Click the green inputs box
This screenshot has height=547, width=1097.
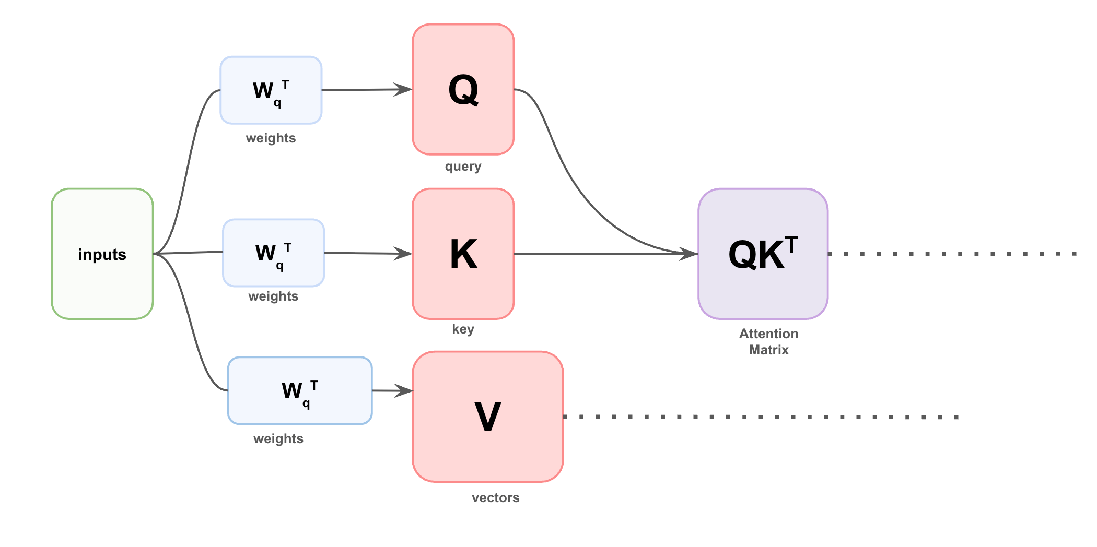pos(102,254)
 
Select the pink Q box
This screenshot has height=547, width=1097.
pos(463,90)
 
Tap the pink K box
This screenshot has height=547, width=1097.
pos(463,254)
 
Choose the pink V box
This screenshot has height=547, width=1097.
pos(487,417)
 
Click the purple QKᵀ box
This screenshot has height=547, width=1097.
pos(763,254)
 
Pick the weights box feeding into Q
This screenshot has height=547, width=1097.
pos(271,90)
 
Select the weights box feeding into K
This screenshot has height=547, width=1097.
pos(273,253)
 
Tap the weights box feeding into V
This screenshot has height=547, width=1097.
pos(299,390)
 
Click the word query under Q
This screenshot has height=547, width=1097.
pos(463,167)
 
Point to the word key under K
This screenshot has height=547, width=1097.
pos(463,329)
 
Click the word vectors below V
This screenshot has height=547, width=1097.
pos(495,497)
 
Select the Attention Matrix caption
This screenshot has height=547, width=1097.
pos(768,341)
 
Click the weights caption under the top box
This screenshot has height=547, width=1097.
pos(271,138)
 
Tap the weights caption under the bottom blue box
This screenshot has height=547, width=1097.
pos(278,438)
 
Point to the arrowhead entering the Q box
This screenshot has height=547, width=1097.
pos(403,89)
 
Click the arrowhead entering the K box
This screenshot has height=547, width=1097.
pos(403,254)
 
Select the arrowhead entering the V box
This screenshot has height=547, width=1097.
pos(404,390)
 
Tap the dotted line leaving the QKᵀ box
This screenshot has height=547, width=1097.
pos(951,254)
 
